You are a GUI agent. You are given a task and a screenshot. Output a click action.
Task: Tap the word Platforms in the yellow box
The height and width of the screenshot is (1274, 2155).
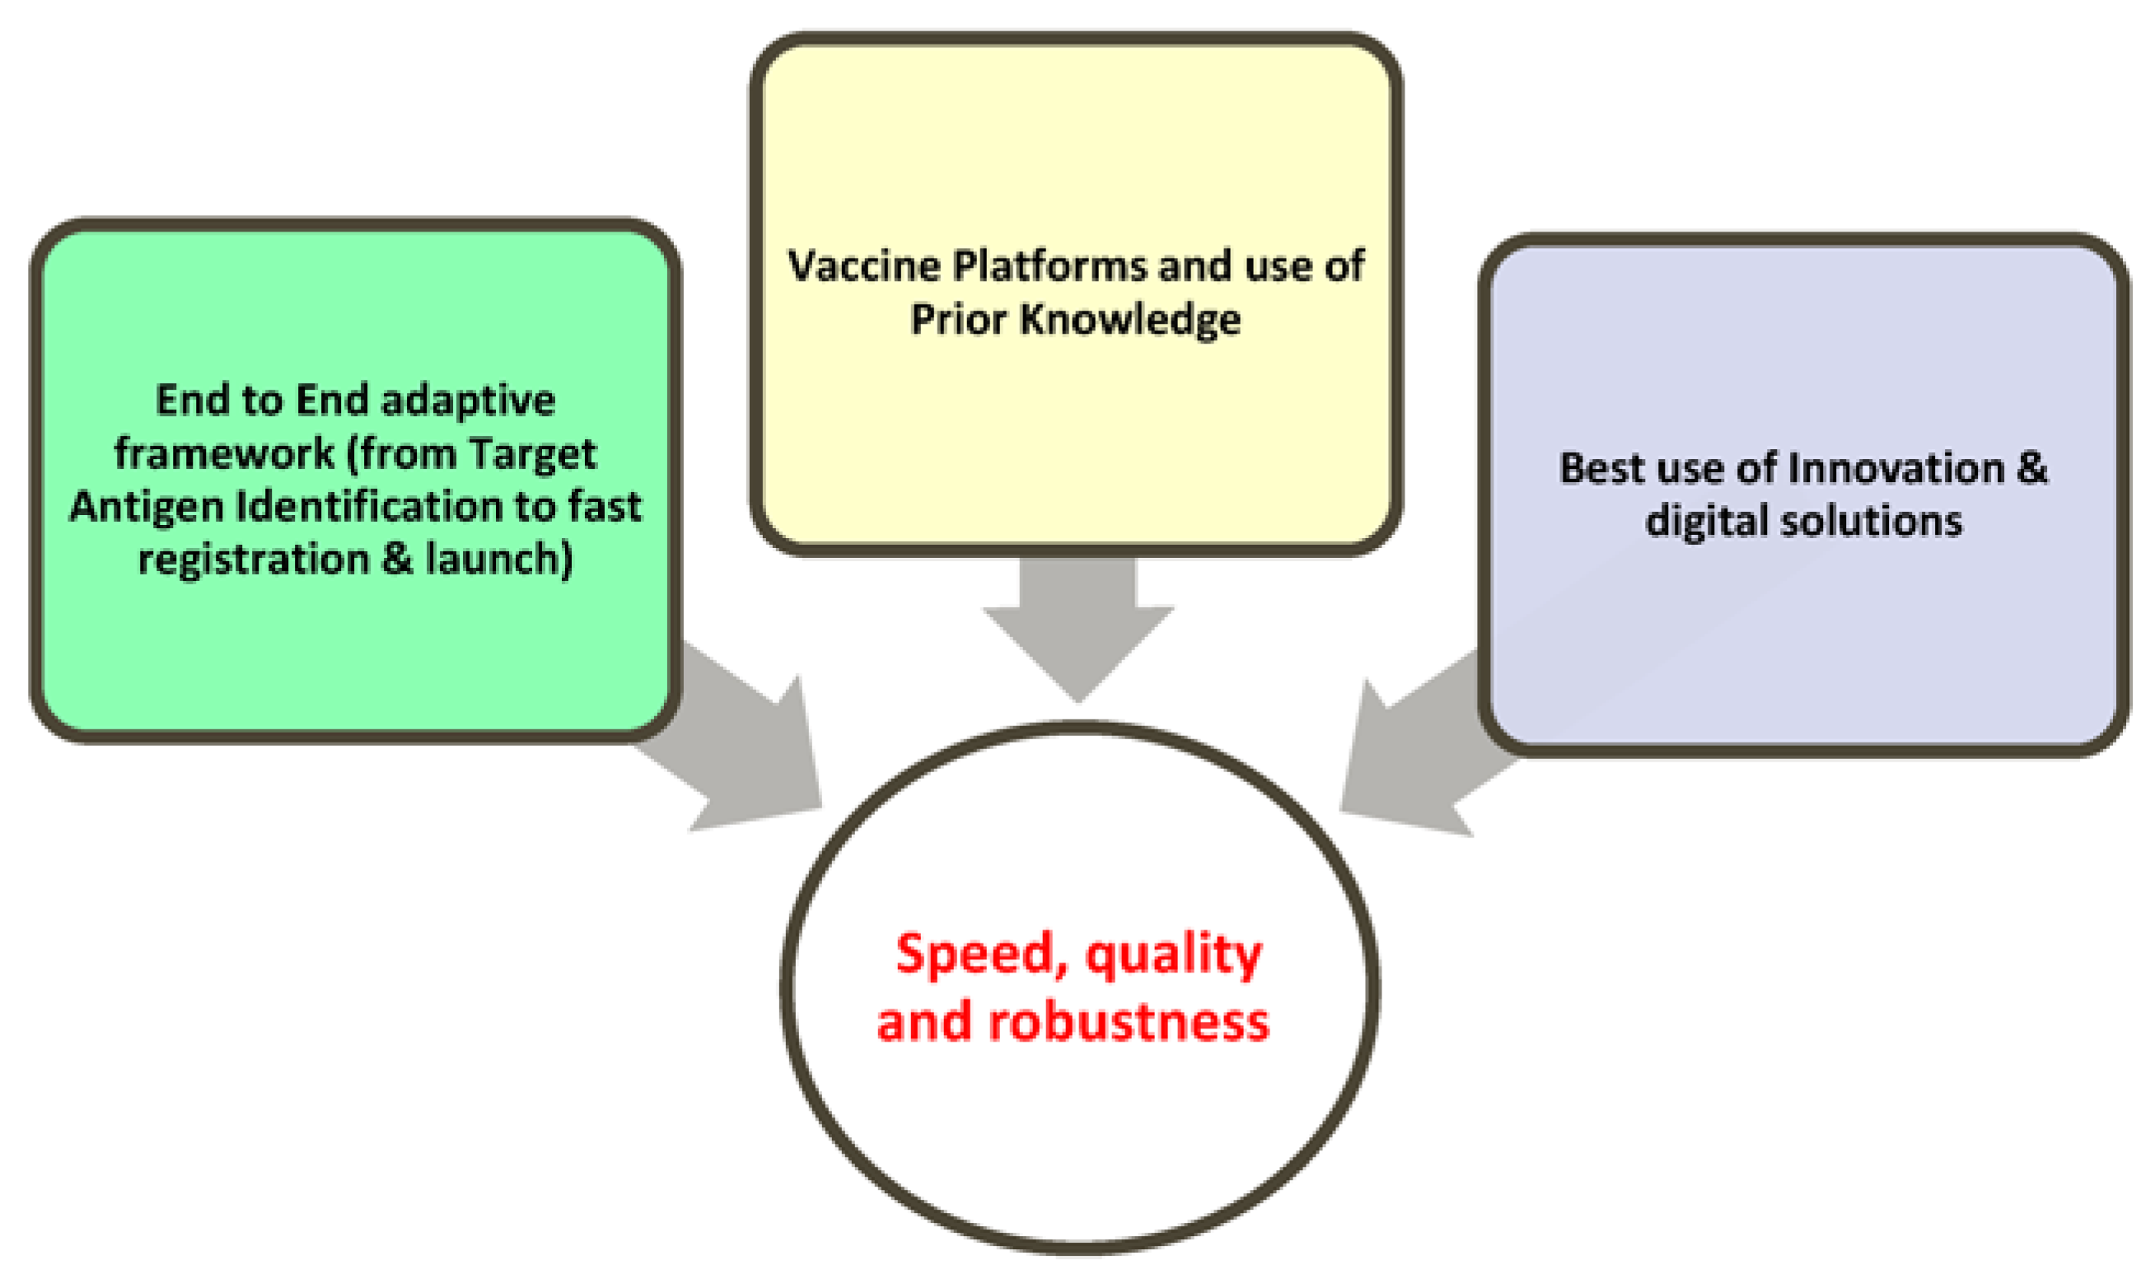(1049, 265)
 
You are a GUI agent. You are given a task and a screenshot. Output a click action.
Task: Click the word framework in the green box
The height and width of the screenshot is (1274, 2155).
(224, 453)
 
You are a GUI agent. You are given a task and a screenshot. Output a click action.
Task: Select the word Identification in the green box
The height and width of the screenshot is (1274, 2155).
(370, 507)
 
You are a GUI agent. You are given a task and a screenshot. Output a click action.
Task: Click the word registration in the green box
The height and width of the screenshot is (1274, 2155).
(253, 560)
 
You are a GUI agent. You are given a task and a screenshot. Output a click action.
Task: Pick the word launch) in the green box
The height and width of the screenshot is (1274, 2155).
(498, 560)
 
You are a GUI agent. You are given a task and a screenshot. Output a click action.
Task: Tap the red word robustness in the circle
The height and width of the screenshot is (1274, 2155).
(1128, 1023)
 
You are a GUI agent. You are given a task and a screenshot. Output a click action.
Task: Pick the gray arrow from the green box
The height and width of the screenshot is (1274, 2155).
(746, 747)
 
